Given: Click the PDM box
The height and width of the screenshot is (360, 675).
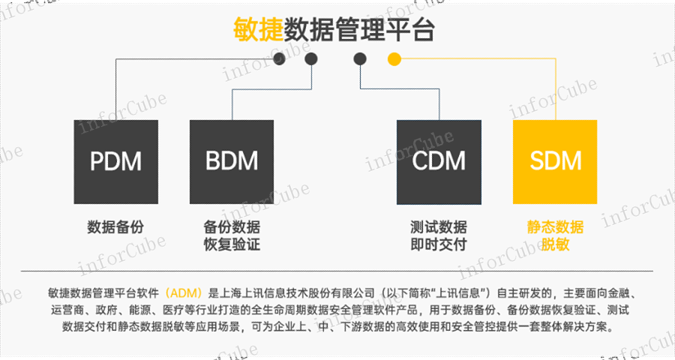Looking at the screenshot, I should [115, 161].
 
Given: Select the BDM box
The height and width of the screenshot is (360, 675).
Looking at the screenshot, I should [232, 161].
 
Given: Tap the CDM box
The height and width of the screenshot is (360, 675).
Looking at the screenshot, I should [438, 161].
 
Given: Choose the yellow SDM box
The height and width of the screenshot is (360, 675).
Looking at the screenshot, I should [555, 161].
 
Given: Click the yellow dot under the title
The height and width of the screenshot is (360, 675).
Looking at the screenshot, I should [394, 58].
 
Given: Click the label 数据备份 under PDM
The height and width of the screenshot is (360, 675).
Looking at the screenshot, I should [115, 226].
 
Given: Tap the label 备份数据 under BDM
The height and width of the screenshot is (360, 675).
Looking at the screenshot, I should [232, 226].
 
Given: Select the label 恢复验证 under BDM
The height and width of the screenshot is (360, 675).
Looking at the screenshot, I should [232, 244].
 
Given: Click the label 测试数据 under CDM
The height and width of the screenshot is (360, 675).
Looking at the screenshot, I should [438, 226].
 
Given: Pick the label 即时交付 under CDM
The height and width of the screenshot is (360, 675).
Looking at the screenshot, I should [438, 244].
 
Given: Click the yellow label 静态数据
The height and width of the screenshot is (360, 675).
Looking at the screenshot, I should [555, 226].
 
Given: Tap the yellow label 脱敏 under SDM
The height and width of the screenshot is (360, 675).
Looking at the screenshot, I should [555, 244].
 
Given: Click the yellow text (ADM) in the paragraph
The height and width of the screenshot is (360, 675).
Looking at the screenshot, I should [184, 292].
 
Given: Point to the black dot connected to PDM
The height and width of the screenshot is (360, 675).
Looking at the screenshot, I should [279, 58].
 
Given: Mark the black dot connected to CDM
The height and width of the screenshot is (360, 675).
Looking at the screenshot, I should [360, 58].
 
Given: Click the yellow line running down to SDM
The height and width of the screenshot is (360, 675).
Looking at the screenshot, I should [555, 90].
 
